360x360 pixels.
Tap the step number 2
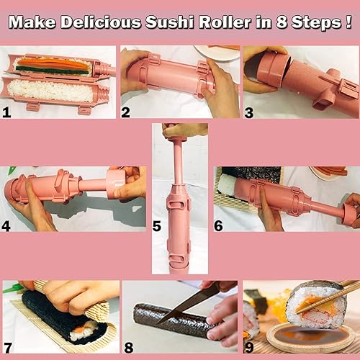point(127,112)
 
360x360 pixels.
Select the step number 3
point(249,112)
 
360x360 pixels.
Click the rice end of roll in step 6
point(230,189)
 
